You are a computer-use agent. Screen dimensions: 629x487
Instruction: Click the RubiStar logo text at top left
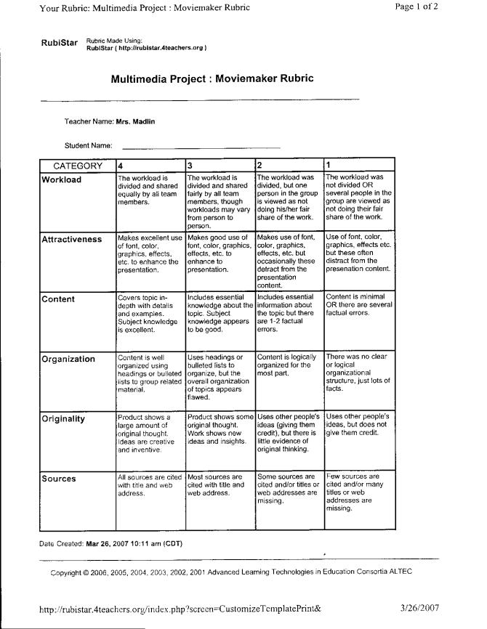click(59, 43)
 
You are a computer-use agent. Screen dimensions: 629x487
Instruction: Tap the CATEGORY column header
click(78, 166)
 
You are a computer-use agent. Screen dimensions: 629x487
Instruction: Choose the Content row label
click(59, 299)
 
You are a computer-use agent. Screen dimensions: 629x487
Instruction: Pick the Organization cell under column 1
click(358, 373)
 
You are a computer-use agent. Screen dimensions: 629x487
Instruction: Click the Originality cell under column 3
click(220, 429)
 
